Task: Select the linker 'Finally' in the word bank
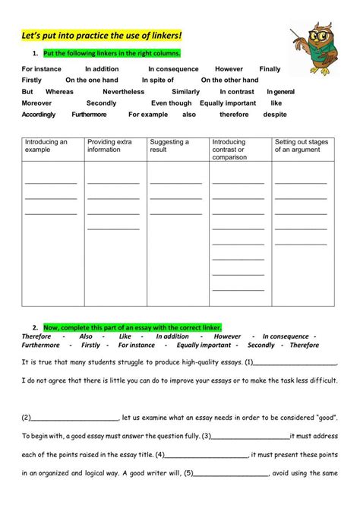point(270,68)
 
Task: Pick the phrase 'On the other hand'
point(230,80)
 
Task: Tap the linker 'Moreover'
point(37,103)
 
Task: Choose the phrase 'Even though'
point(171,103)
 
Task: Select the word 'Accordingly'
point(39,114)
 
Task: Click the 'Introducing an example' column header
point(46,146)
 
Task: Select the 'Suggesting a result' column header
point(169,146)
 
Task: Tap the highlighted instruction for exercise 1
point(112,53)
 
